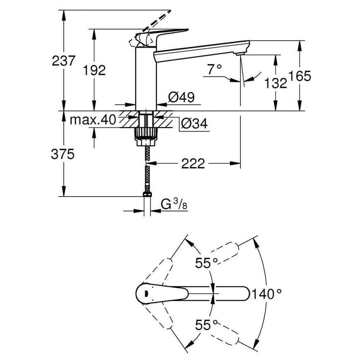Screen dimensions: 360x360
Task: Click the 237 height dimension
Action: [63, 61]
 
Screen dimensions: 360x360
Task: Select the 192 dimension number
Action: [94, 70]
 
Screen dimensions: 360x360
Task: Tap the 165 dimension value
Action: [300, 76]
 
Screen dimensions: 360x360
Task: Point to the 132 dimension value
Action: [276, 83]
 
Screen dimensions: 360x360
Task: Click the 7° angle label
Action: [215, 70]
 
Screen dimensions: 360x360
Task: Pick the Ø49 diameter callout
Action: [181, 97]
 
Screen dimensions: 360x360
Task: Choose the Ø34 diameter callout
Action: [194, 124]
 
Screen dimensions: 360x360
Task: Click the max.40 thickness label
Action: [93, 120]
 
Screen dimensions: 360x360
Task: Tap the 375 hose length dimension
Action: [62, 154]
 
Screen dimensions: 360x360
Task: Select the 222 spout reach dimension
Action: [193, 163]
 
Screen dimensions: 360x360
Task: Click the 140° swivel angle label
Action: [267, 294]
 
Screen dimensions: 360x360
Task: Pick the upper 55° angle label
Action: [206, 263]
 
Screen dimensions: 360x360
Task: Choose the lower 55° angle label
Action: [206, 325]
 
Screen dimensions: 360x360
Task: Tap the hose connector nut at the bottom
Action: [147, 194]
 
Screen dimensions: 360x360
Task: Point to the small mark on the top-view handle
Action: [146, 293]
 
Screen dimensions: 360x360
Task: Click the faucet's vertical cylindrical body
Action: [146, 79]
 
